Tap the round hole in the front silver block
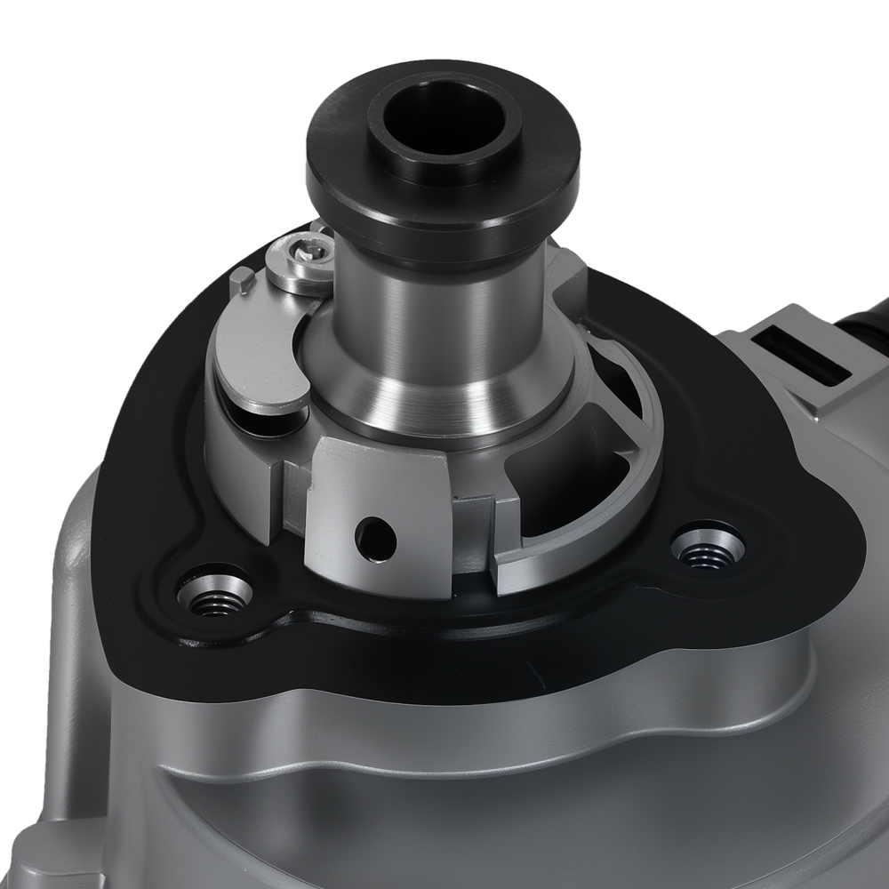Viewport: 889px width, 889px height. pyautogui.click(x=374, y=537)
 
